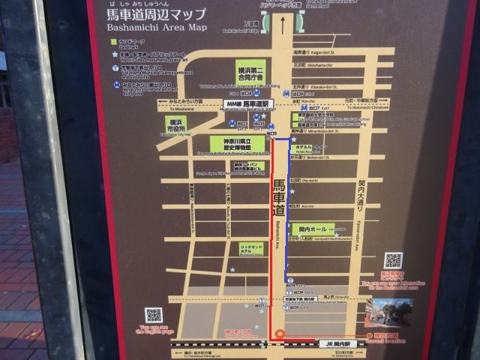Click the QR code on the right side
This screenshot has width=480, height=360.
[394, 260]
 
